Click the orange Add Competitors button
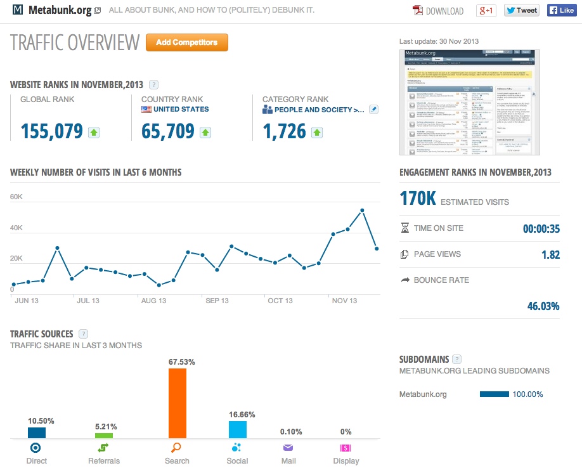(186, 42)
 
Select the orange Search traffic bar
(178, 403)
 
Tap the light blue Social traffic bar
(238, 429)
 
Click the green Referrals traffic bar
(104, 436)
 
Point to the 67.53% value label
(181, 361)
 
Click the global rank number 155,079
(51, 131)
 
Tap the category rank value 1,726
(284, 131)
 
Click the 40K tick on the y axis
(16, 228)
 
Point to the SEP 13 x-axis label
(217, 301)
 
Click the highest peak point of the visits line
(362, 210)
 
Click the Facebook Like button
(561, 10)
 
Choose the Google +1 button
(486, 10)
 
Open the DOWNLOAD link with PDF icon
(438, 11)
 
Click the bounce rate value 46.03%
(543, 306)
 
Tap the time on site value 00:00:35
(541, 229)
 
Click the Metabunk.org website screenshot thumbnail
(469, 101)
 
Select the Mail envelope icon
(288, 447)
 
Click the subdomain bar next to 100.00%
(495, 394)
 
